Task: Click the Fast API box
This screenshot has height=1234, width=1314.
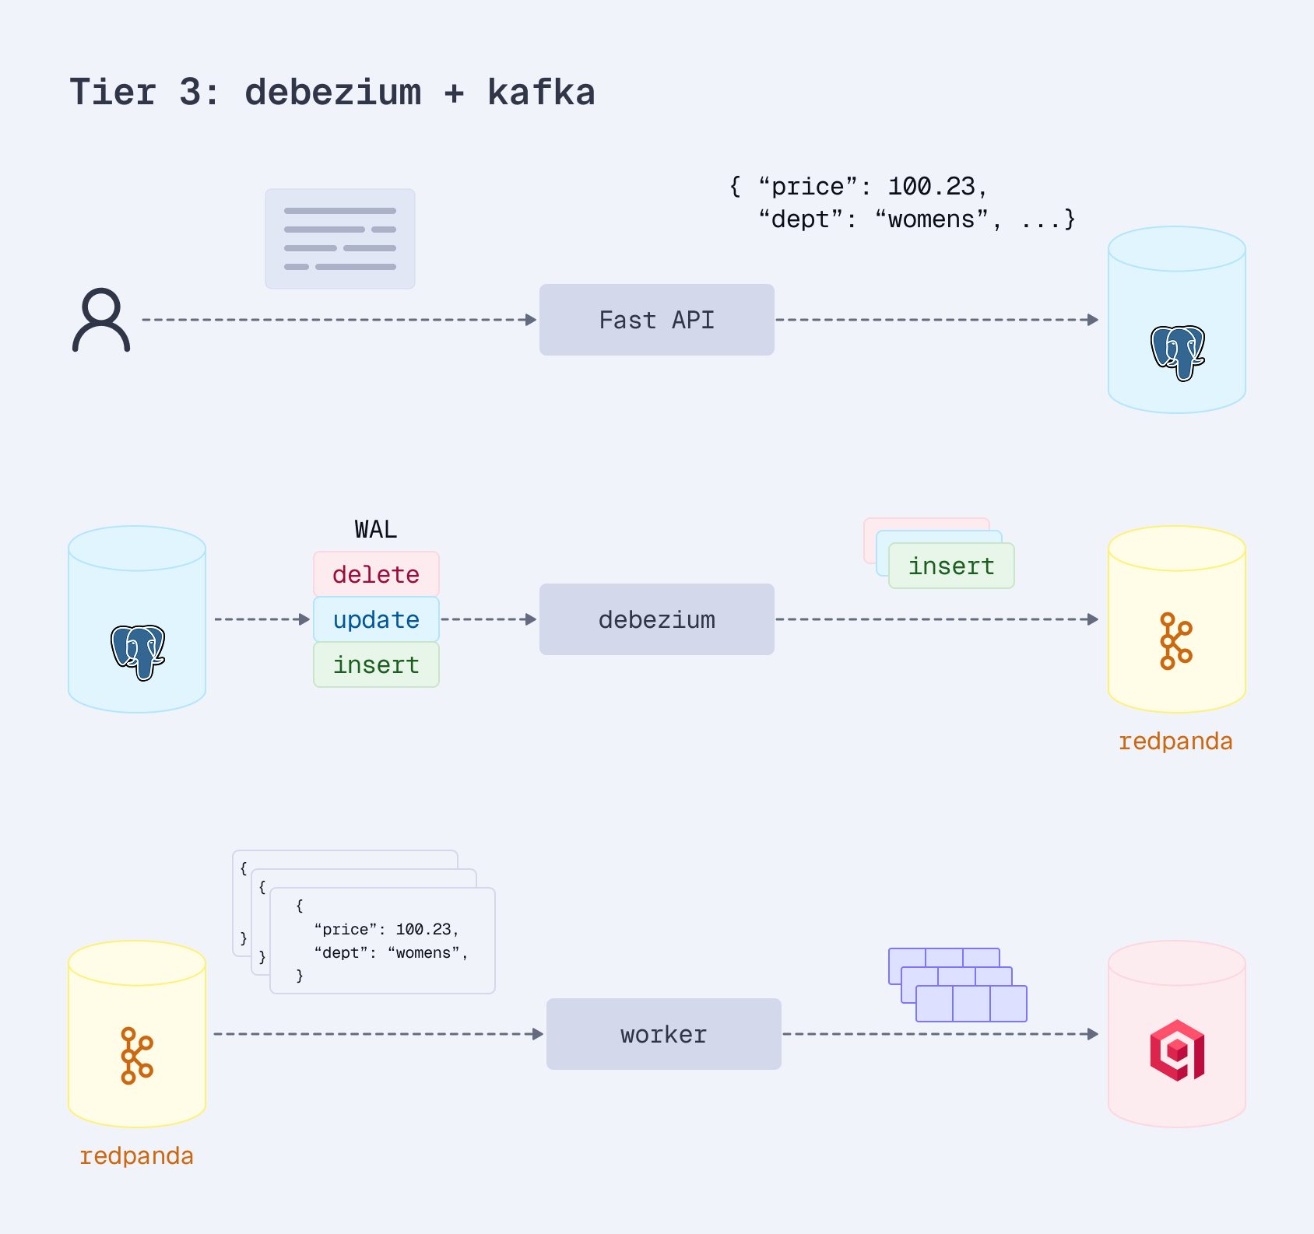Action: coord(656,320)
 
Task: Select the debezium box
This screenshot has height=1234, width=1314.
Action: coord(656,619)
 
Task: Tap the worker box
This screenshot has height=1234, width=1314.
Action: coord(663,1034)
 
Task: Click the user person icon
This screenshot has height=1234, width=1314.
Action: coord(101,320)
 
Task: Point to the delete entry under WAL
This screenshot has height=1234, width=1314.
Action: coord(376,574)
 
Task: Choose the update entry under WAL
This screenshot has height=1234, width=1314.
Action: coord(376,619)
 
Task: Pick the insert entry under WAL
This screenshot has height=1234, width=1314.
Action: coord(376,664)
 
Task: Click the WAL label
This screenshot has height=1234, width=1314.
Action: coord(376,530)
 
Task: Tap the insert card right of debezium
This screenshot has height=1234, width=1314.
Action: coord(951,566)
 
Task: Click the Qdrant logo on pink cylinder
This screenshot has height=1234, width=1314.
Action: coord(1177,1050)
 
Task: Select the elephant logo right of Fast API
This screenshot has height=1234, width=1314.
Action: coord(1178,352)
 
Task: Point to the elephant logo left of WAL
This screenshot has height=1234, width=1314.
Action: coord(138,652)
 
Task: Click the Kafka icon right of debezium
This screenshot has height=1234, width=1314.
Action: coord(1175,641)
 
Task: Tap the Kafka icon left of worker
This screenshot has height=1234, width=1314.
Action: coord(136,1056)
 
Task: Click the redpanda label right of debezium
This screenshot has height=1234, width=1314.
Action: coord(1175,741)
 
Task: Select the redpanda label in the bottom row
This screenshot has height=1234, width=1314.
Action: coord(136,1156)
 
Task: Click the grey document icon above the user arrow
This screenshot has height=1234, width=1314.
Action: coord(340,239)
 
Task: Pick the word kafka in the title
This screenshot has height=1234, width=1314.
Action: coord(541,93)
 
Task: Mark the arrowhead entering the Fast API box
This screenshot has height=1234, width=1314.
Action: coord(532,320)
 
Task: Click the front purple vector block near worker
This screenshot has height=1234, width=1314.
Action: coord(971,1004)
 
